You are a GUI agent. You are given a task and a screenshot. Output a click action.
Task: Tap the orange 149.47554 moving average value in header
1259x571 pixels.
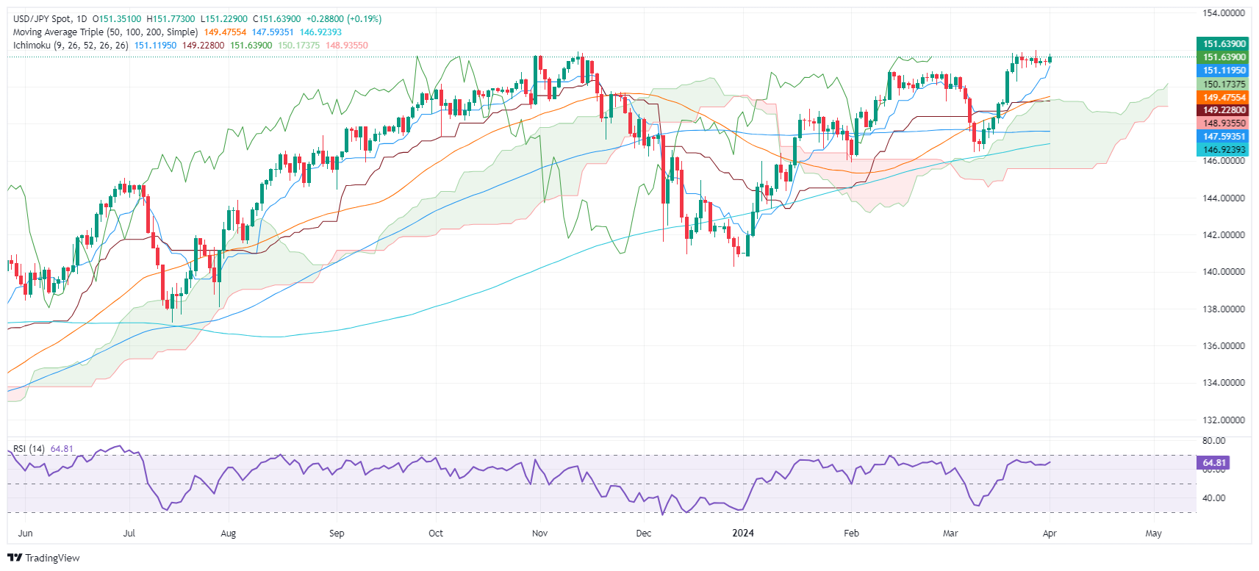(225, 32)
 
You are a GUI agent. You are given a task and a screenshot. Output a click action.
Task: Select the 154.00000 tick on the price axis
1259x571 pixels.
(1224, 13)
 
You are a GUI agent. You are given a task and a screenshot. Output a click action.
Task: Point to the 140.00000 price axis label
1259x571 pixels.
(1224, 272)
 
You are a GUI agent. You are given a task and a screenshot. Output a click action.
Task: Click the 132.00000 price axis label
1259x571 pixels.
(1224, 420)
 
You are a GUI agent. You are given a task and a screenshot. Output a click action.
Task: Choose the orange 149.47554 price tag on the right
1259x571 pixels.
(1224, 98)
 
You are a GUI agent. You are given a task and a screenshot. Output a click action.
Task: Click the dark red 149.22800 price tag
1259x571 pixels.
(1224, 110)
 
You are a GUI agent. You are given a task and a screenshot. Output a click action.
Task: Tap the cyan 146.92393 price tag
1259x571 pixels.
(1224, 150)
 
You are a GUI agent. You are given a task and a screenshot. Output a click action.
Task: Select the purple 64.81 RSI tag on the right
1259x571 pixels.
(1213, 463)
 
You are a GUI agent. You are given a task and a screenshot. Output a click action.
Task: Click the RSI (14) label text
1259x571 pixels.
(29, 449)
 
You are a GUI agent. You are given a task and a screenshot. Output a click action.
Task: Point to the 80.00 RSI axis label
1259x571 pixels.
(1213, 441)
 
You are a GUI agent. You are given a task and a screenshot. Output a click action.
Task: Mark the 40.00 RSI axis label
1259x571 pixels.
(1213, 498)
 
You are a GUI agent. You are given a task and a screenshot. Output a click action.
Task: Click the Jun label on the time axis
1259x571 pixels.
(25, 534)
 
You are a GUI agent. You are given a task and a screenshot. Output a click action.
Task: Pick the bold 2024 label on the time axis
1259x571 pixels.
(743, 534)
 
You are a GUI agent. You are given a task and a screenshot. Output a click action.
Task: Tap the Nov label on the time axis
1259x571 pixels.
(539, 534)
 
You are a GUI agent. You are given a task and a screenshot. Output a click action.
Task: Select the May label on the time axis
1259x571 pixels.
(1153, 534)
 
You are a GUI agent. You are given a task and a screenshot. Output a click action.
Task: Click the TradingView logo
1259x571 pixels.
(43, 558)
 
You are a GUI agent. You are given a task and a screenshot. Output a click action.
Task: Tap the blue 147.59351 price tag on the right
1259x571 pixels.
(1224, 137)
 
